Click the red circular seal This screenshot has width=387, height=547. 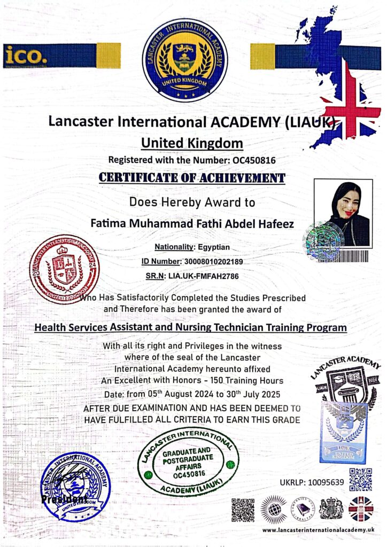click(64, 269)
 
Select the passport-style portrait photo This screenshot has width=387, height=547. click(342, 212)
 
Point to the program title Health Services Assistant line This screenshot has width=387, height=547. click(191, 327)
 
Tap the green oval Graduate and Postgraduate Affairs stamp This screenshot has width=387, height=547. click(188, 455)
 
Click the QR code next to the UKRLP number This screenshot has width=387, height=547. click(360, 479)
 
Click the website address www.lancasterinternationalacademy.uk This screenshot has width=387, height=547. click(318, 529)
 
